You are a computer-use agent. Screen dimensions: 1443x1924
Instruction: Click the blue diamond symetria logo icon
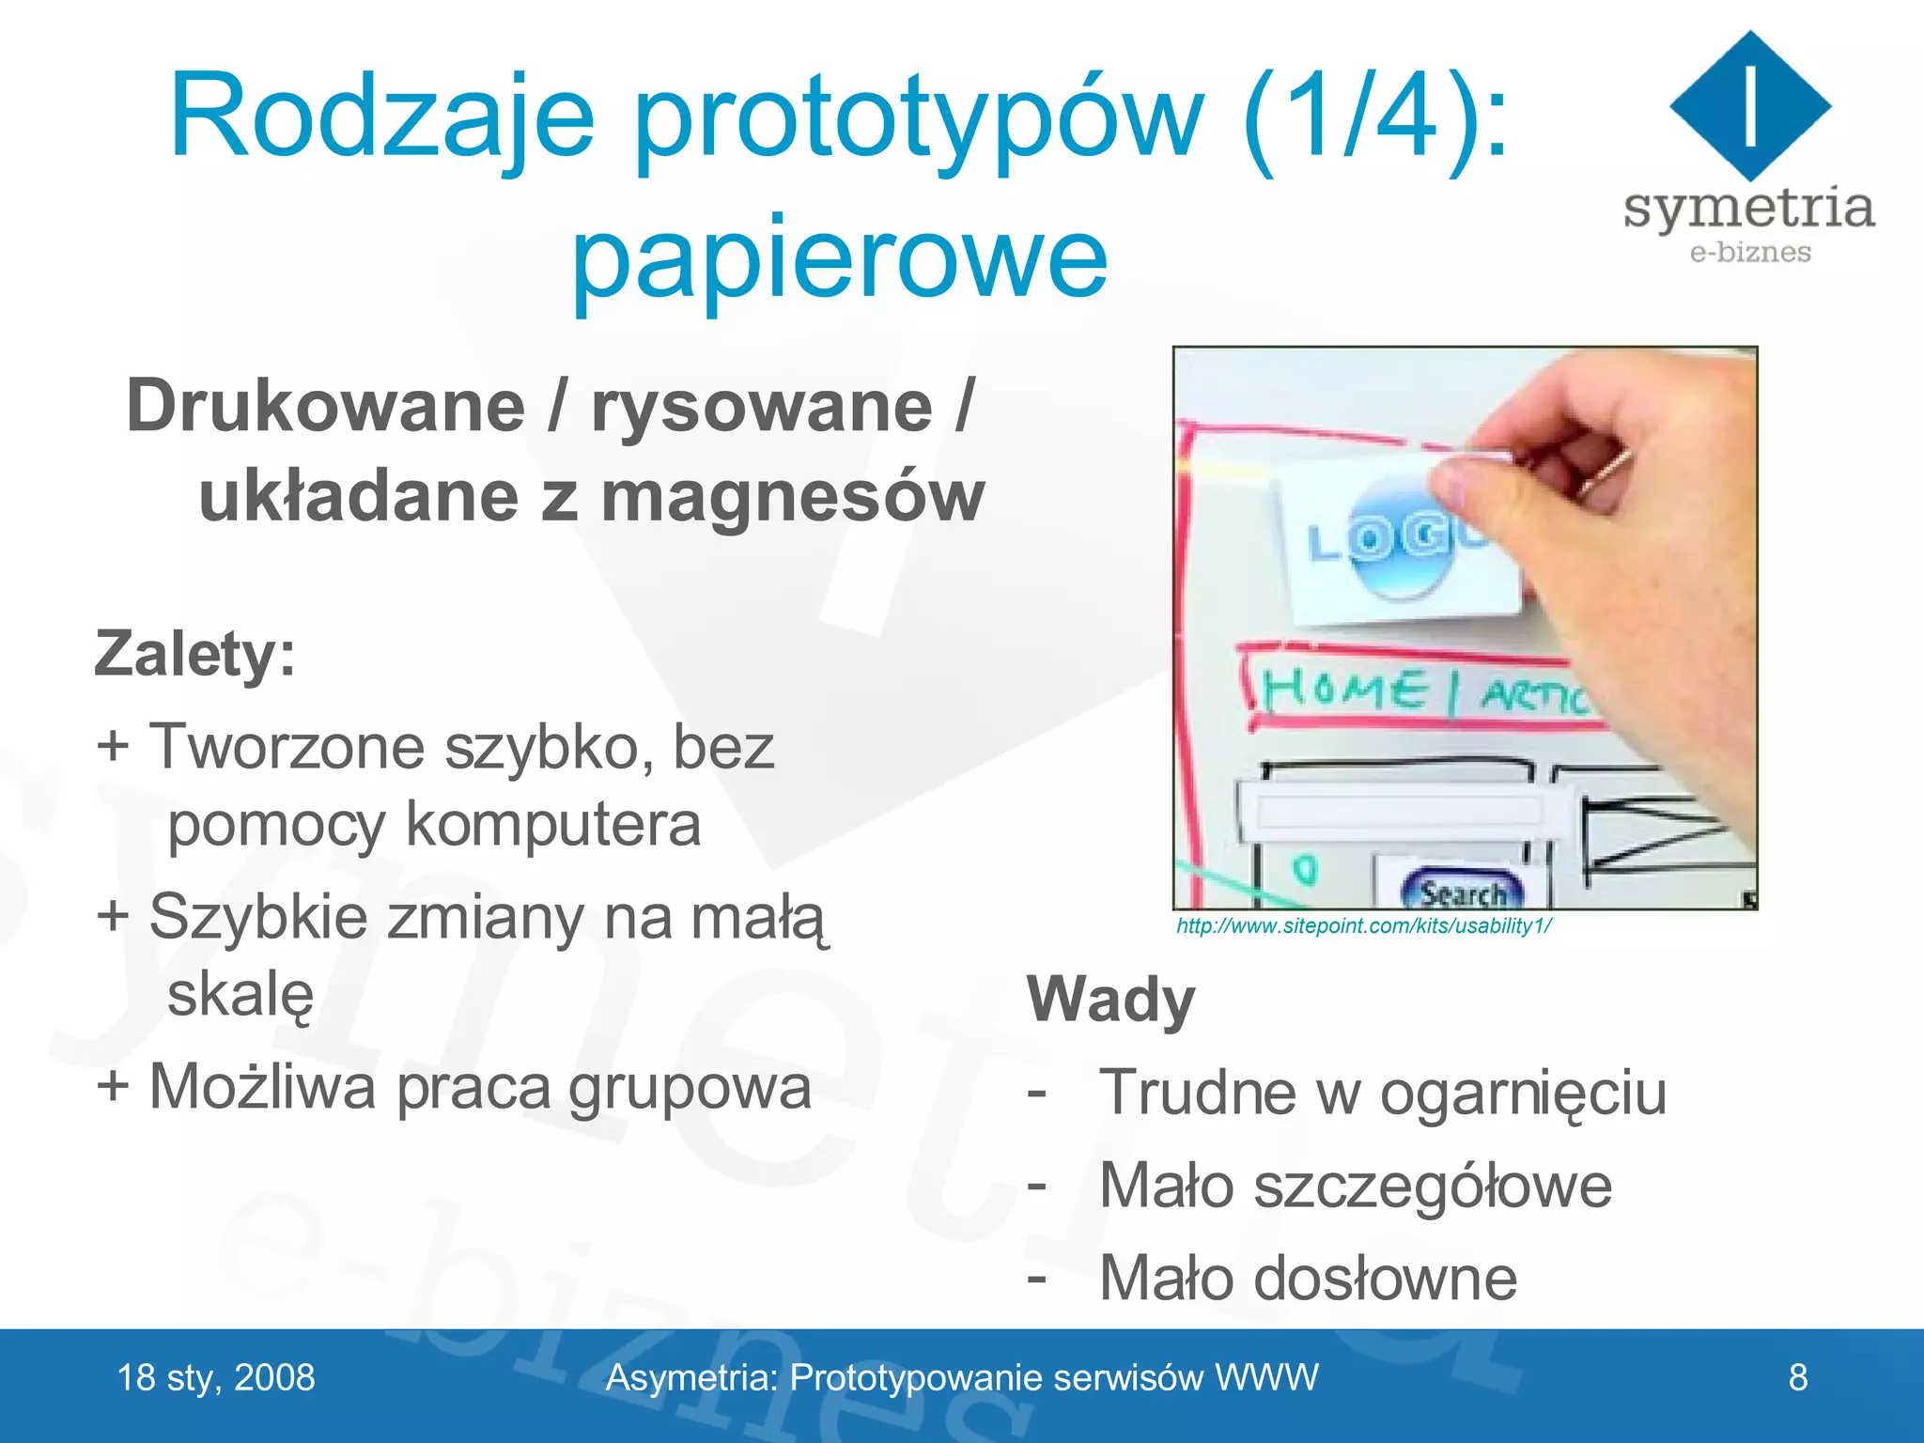[1749, 105]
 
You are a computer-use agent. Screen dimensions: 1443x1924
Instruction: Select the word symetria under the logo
[1748, 209]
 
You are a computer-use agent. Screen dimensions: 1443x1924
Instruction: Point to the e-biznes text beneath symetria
[1749, 253]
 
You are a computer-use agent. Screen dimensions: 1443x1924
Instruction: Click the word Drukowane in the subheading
[325, 407]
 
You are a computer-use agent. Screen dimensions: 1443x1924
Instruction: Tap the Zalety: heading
[195, 654]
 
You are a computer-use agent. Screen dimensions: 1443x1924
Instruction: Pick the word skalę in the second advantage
[240, 995]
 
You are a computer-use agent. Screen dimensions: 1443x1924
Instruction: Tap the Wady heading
[1110, 1000]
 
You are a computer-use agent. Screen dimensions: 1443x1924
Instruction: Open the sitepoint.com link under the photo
[1363, 926]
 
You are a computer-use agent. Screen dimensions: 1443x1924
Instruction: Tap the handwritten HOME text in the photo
[1344, 691]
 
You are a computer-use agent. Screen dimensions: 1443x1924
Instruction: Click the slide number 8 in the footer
[1797, 1377]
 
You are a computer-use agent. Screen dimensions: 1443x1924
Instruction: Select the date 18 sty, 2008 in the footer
[216, 1378]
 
